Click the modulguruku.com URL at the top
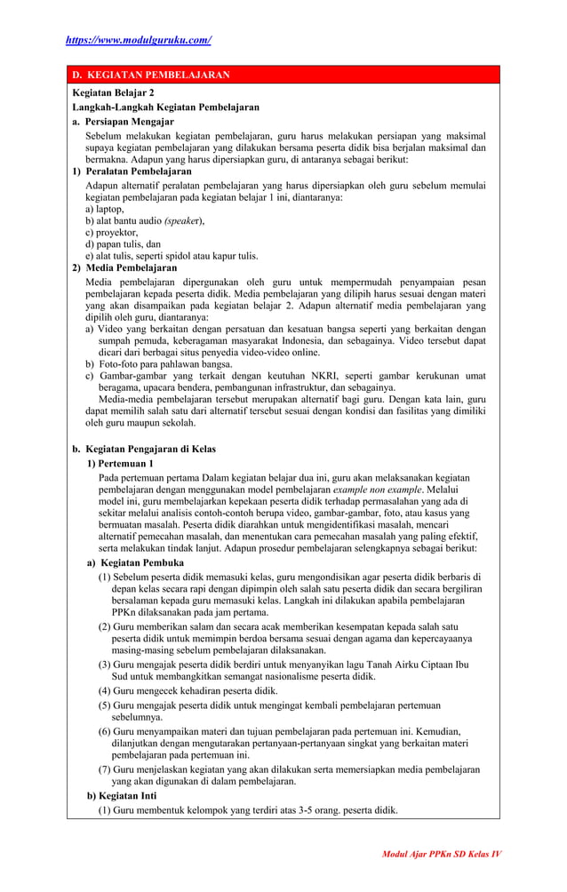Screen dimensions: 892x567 [138, 40]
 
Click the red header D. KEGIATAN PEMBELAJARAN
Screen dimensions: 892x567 [150, 76]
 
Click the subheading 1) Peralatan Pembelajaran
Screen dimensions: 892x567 [132, 171]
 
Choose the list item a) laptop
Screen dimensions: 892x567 [104, 209]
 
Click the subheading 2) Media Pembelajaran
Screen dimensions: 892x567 [124, 267]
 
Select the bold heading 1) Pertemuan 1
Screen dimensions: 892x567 [120, 464]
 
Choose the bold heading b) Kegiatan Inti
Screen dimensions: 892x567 [122, 795]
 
